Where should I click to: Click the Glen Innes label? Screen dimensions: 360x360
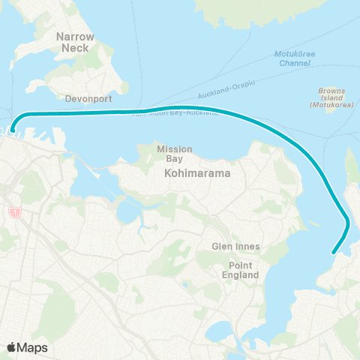(234, 247)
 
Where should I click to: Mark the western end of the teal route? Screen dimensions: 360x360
(13, 128)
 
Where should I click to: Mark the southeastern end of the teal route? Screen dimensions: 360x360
(334, 253)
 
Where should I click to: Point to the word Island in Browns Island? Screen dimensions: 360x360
(331, 98)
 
